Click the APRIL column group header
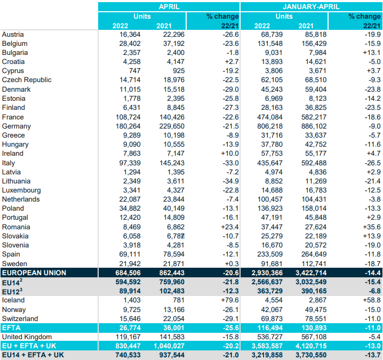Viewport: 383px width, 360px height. [169, 6]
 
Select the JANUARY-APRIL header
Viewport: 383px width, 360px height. [311, 6]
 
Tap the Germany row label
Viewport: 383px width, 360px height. [17, 126]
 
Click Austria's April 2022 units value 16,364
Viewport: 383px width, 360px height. [130, 35]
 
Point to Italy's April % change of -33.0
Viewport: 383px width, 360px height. [230, 163]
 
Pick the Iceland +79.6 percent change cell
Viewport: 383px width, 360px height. [230, 300]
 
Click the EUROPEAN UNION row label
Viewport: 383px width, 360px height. [34, 273]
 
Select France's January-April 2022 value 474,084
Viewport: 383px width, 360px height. [270, 117]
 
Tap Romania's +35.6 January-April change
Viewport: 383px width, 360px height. [371, 227]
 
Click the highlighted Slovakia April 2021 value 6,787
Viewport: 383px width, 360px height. [175, 236]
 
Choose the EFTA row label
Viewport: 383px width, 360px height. [11, 327]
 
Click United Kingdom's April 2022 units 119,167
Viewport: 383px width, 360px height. [128, 337]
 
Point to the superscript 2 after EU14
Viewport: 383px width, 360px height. [21, 280]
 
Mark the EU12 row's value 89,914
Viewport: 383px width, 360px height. [130, 291]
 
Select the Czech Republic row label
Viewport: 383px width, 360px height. [27, 80]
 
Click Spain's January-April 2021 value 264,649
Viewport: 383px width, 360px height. [314, 254]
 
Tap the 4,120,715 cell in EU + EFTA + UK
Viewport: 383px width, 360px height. [311, 346]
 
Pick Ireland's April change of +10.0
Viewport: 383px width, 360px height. [230, 154]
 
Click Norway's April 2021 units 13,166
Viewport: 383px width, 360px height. [174, 309]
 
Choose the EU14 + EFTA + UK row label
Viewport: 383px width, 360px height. [33, 355]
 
